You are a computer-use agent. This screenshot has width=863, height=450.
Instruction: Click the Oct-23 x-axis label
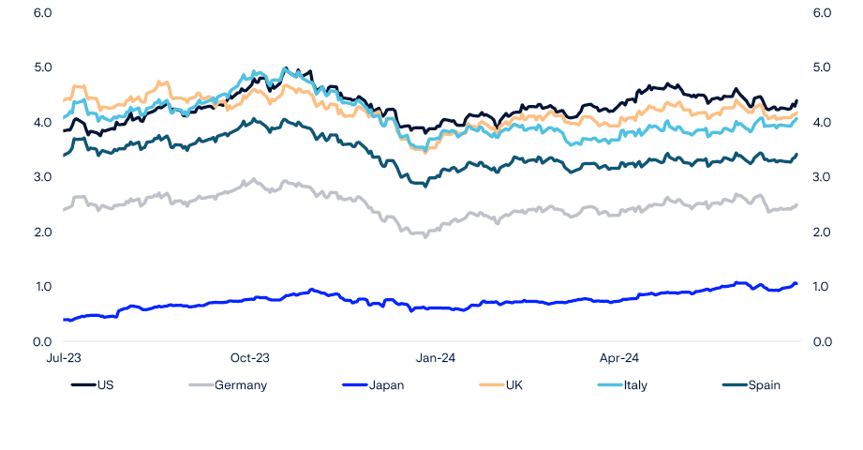coord(249,357)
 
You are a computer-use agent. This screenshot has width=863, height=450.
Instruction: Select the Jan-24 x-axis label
coord(435,357)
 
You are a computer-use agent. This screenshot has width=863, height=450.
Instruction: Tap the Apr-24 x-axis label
coord(618,357)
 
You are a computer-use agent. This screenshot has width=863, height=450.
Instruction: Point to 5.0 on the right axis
coord(822,67)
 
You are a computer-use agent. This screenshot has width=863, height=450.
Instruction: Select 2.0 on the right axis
coord(822,232)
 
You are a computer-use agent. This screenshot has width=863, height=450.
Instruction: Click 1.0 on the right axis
coord(822,287)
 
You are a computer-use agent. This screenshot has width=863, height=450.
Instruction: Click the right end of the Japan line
coord(796,284)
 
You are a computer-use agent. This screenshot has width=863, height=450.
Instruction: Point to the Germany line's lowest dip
coord(426,236)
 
